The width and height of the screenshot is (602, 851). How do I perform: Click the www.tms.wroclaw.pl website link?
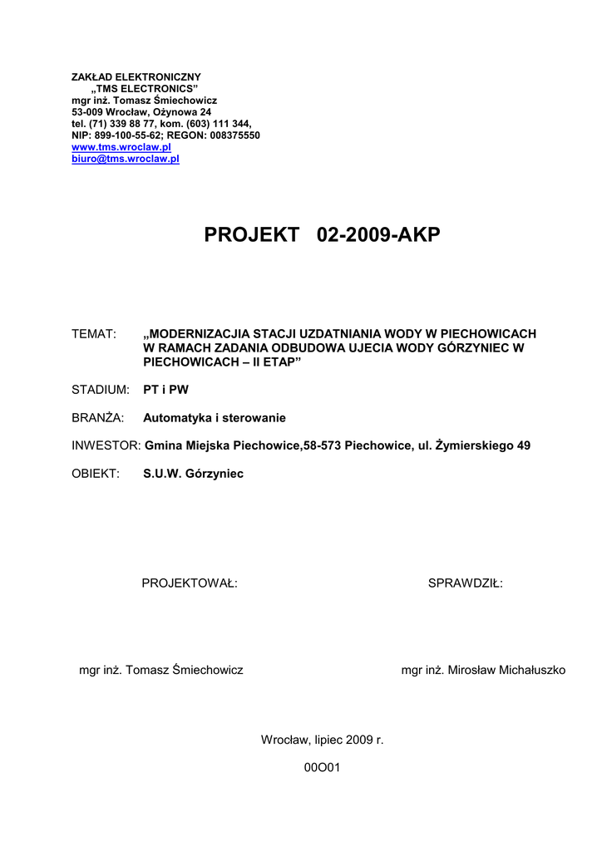click(x=121, y=147)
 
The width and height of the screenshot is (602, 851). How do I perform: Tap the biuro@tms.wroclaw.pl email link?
click(x=126, y=159)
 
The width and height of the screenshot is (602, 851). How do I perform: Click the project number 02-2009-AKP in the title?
click(x=379, y=236)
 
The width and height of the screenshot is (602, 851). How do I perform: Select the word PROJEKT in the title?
click(x=251, y=236)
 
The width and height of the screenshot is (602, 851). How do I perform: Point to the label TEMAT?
click(x=93, y=334)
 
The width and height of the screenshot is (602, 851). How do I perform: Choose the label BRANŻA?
click(x=98, y=418)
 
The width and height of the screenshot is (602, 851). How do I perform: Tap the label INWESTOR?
click(x=106, y=445)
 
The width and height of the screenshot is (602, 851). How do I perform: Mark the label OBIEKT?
click(x=96, y=474)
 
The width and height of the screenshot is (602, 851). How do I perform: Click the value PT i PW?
click(x=166, y=390)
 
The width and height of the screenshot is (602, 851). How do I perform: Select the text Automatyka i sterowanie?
click(x=215, y=418)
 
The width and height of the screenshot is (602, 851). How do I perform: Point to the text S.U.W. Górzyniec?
click(x=194, y=474)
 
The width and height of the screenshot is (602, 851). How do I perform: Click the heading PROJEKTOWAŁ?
click(x=190, y=583)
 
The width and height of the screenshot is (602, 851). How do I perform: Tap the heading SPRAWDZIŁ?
click(x=465, y=583)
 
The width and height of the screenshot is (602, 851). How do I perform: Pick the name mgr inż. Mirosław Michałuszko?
click(x=483, y=670)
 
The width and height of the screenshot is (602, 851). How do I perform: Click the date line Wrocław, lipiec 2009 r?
click(x=323, y=739)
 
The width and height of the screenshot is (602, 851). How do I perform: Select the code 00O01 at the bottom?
click(x=323, y=768)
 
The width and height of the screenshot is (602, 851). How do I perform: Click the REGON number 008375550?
click(x=230, y=135)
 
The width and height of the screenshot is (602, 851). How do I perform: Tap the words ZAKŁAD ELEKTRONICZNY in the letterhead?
click(x=136, y=77)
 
